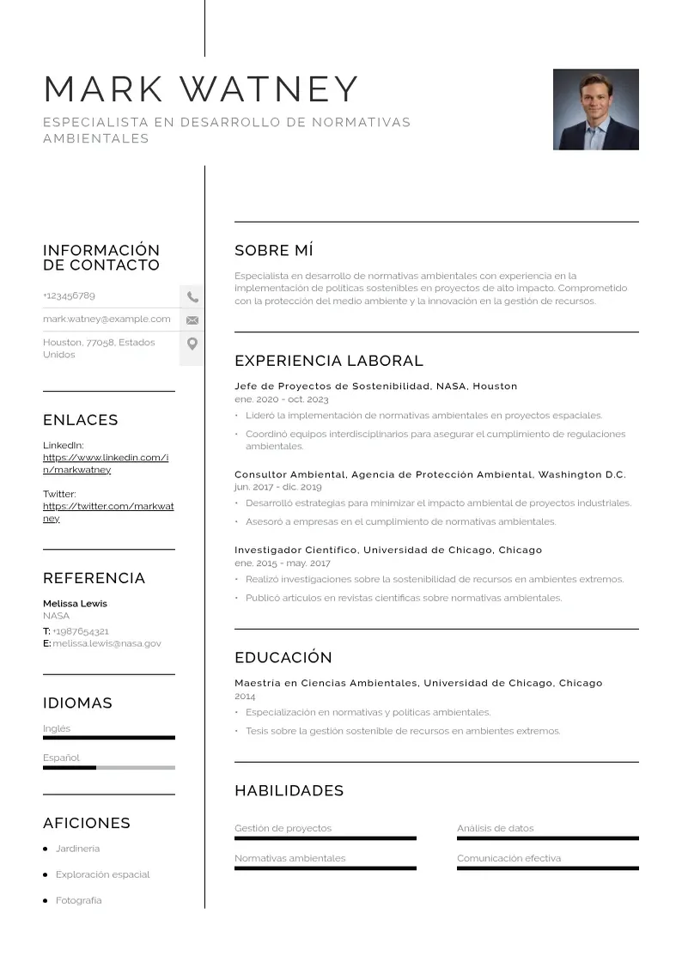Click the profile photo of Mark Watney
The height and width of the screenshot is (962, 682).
[595, 109]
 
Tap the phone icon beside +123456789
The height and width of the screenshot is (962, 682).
[192, 297]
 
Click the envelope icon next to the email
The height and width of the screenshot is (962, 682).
[192, 320]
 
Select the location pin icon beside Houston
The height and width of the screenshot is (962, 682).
[192, 344]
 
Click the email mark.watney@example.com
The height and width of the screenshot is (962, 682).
[107, 319]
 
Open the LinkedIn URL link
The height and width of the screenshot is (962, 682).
[105, 464]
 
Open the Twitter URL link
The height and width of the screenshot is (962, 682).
[107, 512]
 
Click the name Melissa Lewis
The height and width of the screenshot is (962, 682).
[75, 604]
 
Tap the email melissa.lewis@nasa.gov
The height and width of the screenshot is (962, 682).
[107, 643]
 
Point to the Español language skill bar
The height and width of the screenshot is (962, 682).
[108, 768]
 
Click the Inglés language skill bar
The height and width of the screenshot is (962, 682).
[108, 738]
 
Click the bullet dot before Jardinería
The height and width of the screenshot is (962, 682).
[46, 849]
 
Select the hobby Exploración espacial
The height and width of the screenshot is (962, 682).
[102, 874]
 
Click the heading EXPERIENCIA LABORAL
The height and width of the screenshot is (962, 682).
[328, 361]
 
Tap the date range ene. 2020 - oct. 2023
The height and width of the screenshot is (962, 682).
[281, 399]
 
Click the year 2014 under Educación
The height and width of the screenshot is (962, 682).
[245, 697]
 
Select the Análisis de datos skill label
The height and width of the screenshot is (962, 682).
[495, 828]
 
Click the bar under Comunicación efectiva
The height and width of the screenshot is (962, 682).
[547, 868]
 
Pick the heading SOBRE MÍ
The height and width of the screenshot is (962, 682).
[273, 251]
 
